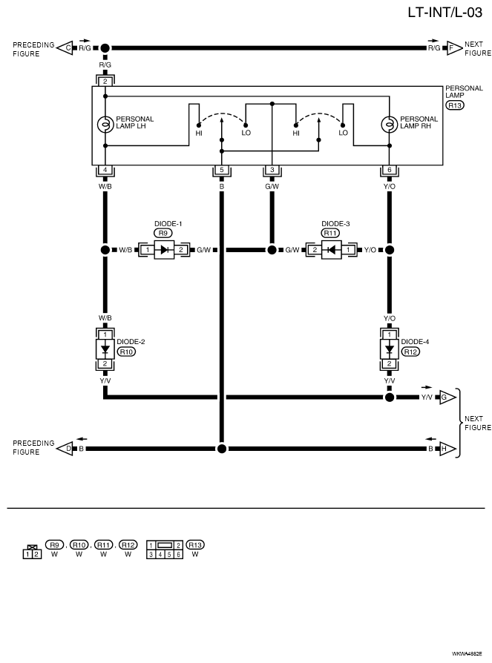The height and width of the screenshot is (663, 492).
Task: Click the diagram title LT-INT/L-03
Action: (x=445, y=13)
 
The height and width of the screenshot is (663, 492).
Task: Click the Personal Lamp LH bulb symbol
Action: (x=105, y=124)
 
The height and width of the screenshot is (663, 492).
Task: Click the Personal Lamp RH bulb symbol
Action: (x=389, y=124)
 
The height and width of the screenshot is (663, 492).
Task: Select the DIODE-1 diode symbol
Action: (x=164, y=250)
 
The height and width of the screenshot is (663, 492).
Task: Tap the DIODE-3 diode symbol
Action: (x=331, y=250)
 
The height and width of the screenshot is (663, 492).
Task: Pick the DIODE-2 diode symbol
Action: (x=105, y=349)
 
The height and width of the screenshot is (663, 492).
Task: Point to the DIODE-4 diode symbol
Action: (x=389, y=349)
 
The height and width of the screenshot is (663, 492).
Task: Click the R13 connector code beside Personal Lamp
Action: (x=454, y=105)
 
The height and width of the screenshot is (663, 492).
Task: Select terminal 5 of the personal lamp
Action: (x=222, y=170)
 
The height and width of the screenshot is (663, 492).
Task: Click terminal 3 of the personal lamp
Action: (x=272, y=170)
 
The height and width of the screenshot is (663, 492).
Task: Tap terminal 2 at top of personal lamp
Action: (x=105, y=81)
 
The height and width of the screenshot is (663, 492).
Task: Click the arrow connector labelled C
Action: (x=65, y=48)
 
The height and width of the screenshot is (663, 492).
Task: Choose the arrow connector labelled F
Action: (x=454, y=48)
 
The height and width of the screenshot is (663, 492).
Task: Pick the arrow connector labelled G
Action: (x=447, y=398)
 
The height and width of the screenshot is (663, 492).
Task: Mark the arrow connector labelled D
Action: (x=65, y=449)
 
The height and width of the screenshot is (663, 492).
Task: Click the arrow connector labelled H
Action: (x=447, y=449)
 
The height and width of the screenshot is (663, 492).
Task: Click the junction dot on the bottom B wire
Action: (x=222, y=449)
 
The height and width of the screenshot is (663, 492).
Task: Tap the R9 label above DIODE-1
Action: (x=163, y=233)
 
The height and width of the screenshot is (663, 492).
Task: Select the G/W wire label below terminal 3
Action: (x=272, y=186)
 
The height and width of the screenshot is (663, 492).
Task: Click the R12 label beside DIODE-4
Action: (x=410, y=352)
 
